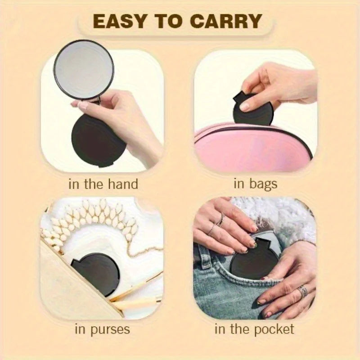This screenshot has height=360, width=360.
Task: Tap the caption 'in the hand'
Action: coord(103,184)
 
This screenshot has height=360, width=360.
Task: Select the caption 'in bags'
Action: coord(256,184)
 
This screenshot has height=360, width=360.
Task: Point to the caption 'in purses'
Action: coord(102,329)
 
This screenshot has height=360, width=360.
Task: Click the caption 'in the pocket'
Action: coord(254,329)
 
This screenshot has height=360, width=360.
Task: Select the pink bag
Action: coord(252,146)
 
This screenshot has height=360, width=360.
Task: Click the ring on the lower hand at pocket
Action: coord(303,291)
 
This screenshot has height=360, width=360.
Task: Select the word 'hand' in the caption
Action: coord(122,184)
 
